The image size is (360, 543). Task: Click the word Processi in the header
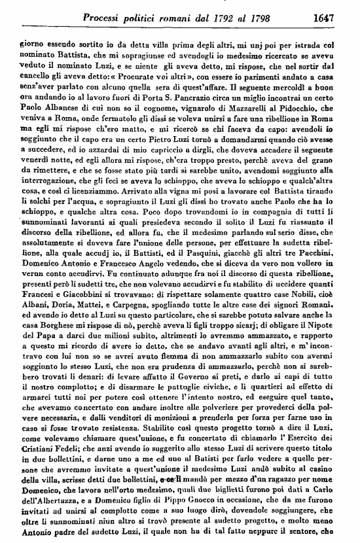click(103, 11)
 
